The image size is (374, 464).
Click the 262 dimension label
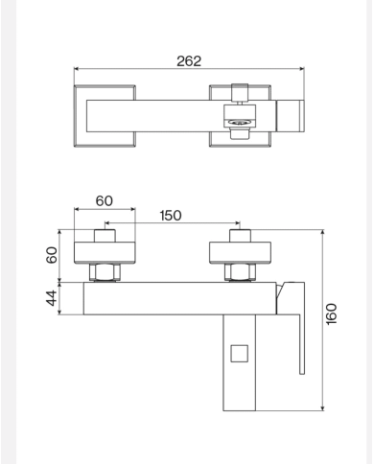(189, 61)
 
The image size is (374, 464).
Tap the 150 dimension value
(171, 216)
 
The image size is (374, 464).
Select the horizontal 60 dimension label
(105, 201)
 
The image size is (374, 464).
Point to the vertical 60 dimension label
(52, 255)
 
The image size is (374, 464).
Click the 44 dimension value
(52, 298)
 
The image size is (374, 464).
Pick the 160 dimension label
(332, 314)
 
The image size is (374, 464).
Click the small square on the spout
(240, 354)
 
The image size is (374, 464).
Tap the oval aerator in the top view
(240, 122)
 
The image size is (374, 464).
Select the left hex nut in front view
(105, 272)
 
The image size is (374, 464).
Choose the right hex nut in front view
(240, 272)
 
